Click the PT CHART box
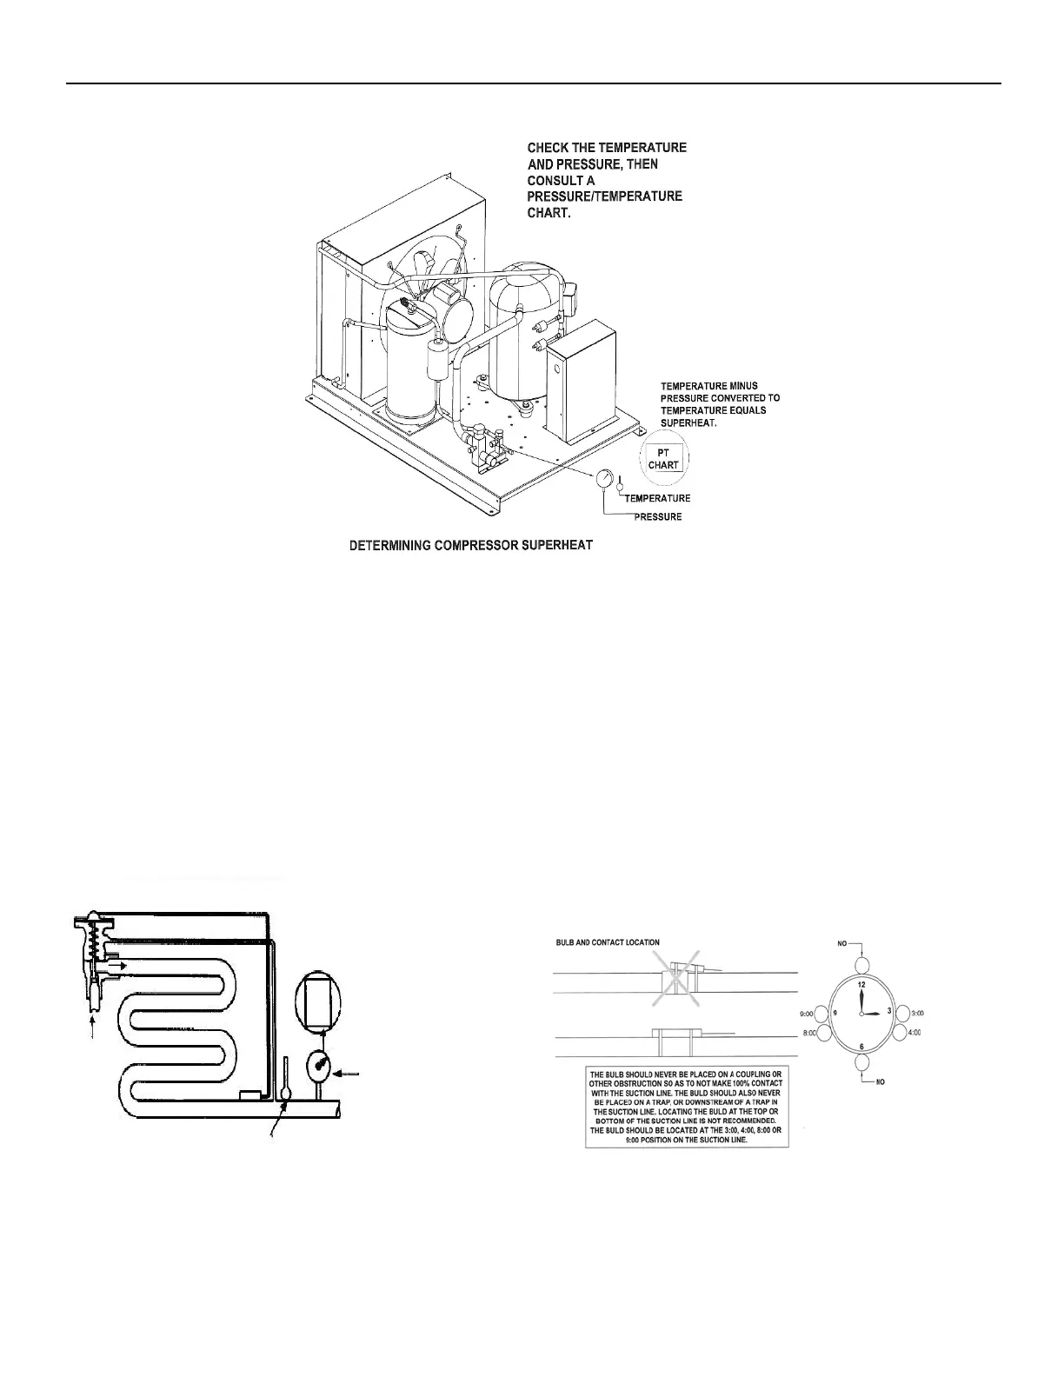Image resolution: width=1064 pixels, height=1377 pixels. coord(663,459)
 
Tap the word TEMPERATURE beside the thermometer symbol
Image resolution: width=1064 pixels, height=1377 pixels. coord(658,498)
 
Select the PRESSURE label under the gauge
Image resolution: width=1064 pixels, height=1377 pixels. coord(658,517)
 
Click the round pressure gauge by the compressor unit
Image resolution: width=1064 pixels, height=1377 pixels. coord(604,480)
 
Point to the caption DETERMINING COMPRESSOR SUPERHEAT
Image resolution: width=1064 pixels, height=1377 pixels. coord(470,546)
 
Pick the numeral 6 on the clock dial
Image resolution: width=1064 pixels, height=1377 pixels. coord(861,1046)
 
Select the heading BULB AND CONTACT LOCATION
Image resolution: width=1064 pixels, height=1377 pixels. coord(607,942)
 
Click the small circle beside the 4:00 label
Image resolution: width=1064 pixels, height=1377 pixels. coord(900,1032)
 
